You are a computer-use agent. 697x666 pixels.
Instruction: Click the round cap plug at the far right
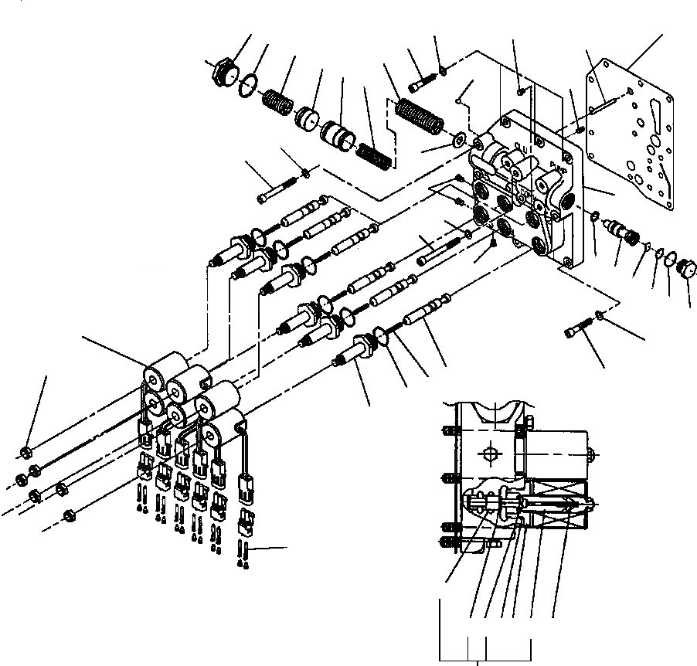pos(685,270)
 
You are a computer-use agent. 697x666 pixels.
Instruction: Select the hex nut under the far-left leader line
pos(25,451)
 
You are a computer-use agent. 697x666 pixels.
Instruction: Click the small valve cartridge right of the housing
pos(619,229)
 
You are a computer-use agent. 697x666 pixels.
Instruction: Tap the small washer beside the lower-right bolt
pos(600,314)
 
